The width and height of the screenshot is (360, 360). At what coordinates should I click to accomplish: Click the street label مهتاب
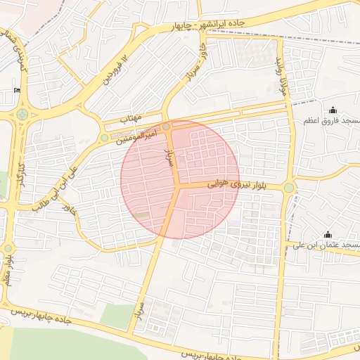coord(131,119)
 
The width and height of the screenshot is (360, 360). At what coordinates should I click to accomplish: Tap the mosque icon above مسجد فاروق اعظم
coord(333,110)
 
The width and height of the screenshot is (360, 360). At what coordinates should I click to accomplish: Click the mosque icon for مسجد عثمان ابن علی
coord(327,234)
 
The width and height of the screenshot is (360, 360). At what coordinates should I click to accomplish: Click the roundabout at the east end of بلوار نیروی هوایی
coord(288,188)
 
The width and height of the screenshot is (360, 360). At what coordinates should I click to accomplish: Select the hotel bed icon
coord(17,91)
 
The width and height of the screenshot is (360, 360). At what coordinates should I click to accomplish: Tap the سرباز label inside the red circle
coord(168,156)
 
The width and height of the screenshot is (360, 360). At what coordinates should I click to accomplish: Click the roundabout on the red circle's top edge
coord(166,127)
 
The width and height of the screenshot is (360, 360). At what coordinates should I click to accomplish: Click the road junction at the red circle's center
coord(179,186)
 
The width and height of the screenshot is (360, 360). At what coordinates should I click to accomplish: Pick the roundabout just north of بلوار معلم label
coord(8,247)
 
